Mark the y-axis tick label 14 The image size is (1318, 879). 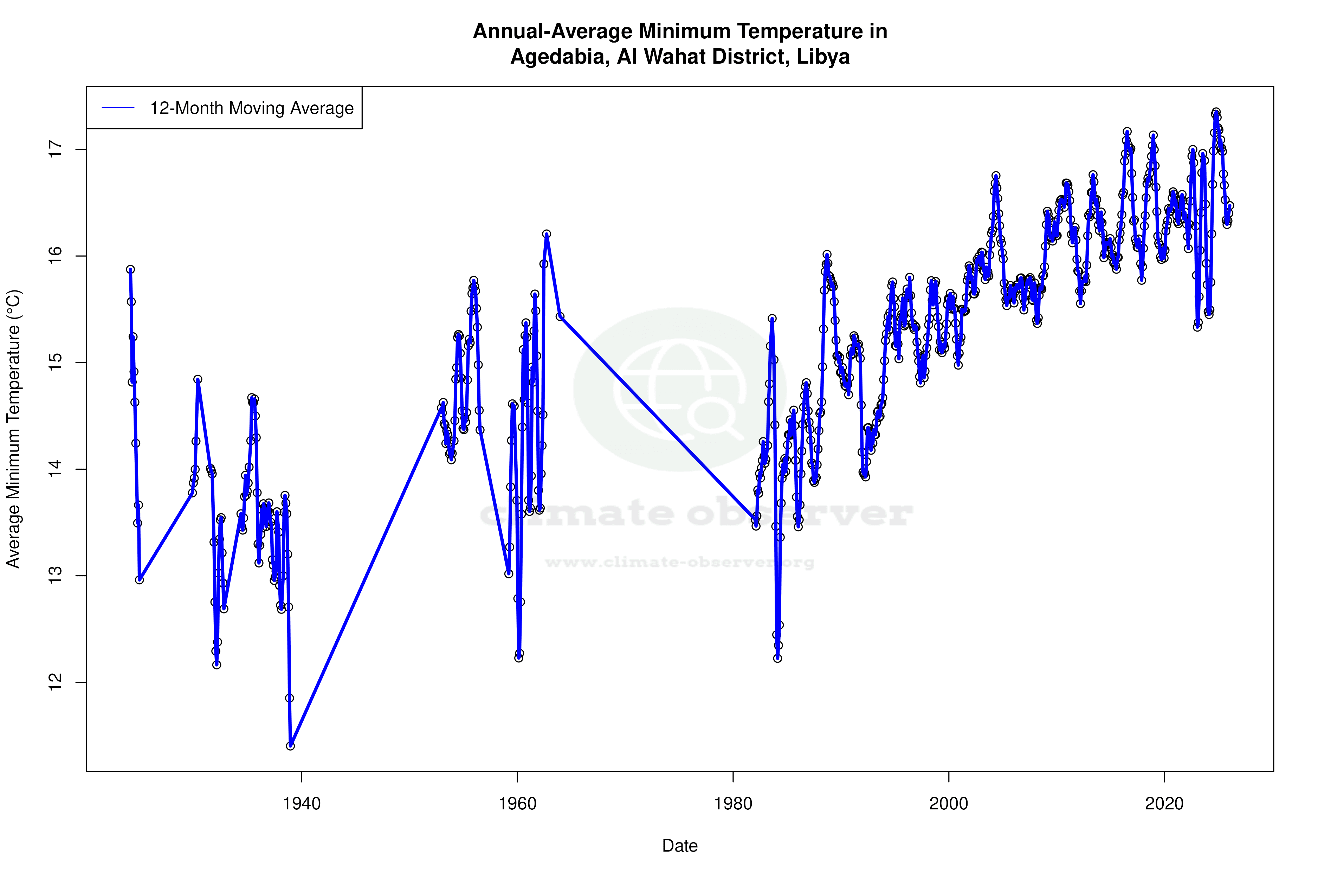click(56, 469)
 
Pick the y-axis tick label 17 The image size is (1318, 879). click(56, 150)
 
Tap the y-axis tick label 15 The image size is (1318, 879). click(56, 363)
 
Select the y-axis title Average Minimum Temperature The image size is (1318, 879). click(13, 429)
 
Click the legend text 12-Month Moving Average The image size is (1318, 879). click(252, 108)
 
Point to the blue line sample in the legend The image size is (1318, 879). click(118, 108)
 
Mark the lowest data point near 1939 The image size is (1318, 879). click(290, 746)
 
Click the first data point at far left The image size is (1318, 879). click(130, 270)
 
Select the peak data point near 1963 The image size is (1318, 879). click(547, 234)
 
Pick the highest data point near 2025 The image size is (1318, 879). click(1216, 112)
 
